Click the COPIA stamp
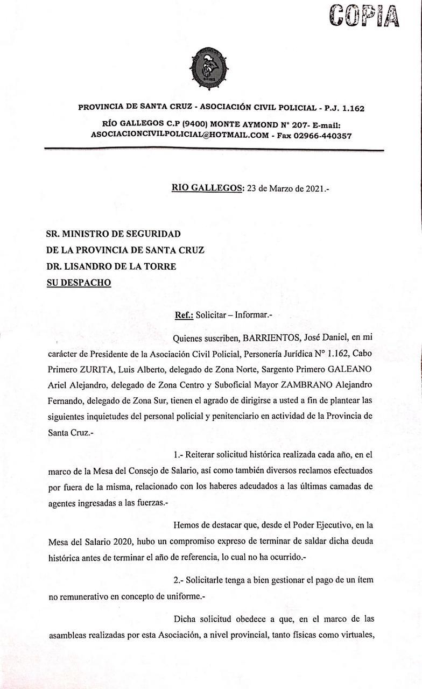tap(364, 16)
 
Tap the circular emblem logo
tap(209, 68)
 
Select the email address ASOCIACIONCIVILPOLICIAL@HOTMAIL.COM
tap(180, 136)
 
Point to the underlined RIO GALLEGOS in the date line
tap(207, 188)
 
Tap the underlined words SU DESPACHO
tap(79, 283)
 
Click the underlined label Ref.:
tap(184, 315)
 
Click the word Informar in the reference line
tap(253, 315)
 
